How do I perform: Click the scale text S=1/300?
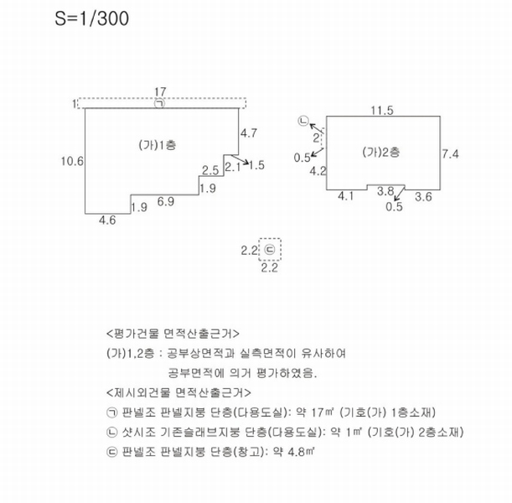[91, 18]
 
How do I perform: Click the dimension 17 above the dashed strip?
[160, 91]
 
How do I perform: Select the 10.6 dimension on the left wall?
[72, 161]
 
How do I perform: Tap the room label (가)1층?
[158, 145]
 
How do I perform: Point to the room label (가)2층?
[381, 153]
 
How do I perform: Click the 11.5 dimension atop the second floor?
[382, 111]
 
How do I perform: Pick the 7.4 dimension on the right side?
[450, 154]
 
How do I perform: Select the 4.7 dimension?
[249, 133]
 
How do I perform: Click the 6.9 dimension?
[166, 201]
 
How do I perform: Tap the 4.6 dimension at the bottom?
[107, 220]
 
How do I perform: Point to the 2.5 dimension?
[210, 170]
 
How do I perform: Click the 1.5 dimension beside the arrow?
[256, 165]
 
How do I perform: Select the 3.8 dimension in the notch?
[385, 191]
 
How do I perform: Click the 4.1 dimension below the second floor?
[346, 196]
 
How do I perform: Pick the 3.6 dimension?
[423, 197]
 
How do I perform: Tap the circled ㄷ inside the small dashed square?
[270, 250]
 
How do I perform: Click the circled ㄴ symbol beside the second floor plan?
[303, 121]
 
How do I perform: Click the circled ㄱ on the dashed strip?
[160, 103]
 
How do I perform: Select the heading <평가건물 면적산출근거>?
[173, 334]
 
